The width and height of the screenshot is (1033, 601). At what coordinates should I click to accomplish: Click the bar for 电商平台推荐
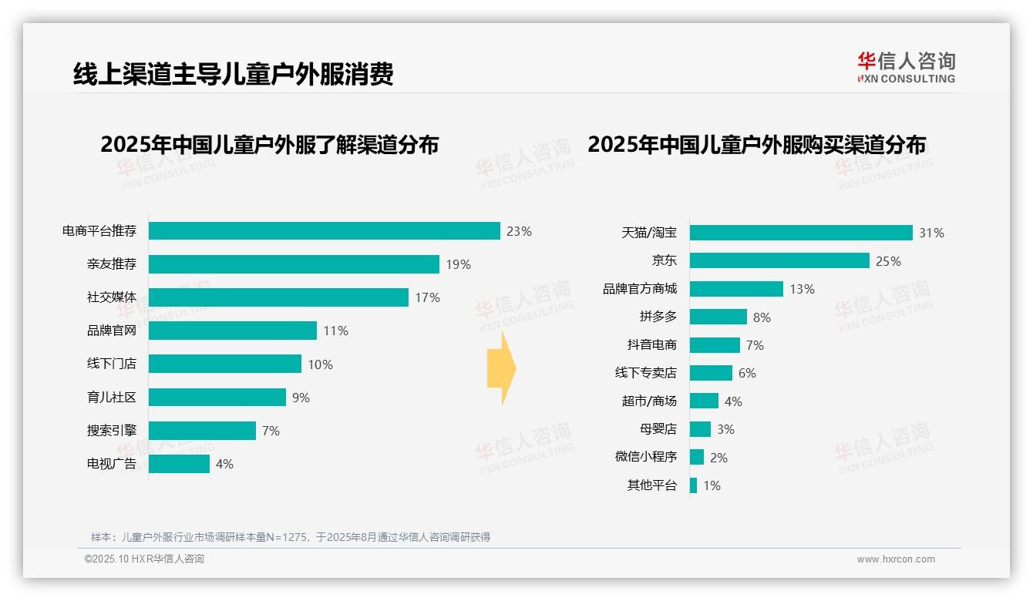click(324, 231)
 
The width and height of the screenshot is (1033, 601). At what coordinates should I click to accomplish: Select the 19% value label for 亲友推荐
click(458, 264)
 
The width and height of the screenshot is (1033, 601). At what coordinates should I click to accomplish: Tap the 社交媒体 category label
click(111, 297)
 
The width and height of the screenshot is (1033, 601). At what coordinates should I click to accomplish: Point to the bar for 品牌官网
click(232, 331)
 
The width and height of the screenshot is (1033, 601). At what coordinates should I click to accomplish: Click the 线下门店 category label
click(111, 364)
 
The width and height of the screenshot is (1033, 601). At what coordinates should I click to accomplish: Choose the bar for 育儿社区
click(217, 398)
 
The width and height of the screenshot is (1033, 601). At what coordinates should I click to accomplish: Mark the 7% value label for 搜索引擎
click(271, 431)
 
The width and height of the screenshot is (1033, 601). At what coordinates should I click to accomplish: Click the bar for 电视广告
click(179, 464)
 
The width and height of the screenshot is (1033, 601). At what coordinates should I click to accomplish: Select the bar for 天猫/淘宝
click(801, 233)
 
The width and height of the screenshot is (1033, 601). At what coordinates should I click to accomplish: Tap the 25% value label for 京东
click(888, 261)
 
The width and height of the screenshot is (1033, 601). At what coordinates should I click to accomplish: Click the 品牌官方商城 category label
click(639, 289)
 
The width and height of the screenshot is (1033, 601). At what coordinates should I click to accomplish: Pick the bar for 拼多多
click(718, 317)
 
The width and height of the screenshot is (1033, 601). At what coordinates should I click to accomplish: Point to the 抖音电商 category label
click(651, 345)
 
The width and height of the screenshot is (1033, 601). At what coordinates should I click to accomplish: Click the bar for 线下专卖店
click(711, 373)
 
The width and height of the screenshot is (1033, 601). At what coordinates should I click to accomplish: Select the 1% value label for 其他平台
click(712, 485)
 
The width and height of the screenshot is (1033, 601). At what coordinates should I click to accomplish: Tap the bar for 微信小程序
click(697, 457)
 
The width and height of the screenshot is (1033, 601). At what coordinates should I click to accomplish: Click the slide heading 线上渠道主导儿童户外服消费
click(233, 74)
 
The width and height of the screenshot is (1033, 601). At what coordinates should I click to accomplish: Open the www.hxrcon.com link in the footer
click(895, 559)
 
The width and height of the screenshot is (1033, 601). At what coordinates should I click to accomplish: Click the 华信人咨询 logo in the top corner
click(906, 67)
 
